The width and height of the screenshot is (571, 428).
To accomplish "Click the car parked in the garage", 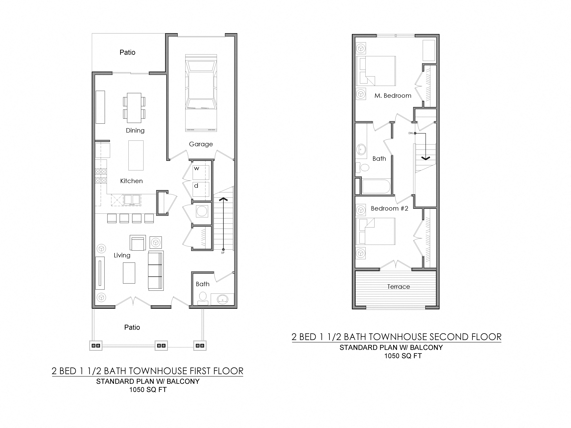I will click(201, 93).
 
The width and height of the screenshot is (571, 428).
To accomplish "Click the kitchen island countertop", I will click(136, 155).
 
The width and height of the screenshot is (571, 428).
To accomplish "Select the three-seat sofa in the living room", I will click(156, 270).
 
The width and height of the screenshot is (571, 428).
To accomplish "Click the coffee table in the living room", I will click(129, 273).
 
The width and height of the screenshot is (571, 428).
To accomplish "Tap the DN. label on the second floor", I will click(411, 133).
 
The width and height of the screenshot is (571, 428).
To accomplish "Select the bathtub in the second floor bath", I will click(376, 186).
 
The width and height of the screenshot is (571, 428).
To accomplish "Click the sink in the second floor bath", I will click(361, 149).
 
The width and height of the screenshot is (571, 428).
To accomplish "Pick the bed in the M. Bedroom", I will click(376, 71).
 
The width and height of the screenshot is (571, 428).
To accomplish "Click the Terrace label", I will click(398, 287).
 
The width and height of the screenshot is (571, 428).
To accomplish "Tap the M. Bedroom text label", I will click(393, 96).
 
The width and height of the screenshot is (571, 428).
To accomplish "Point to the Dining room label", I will click(135, 131).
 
